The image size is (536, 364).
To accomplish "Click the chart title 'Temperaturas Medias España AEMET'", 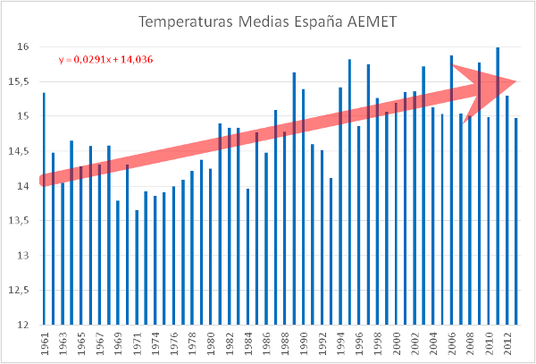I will click(267, 20).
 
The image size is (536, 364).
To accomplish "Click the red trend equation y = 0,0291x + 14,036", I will click(108, 61).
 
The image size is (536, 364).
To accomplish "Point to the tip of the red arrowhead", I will click(517, 82).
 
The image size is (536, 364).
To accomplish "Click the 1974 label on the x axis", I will click(155, 343).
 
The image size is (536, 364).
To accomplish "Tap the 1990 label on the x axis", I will click(304, 343).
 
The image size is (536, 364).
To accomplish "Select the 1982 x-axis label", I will click(230, 343).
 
